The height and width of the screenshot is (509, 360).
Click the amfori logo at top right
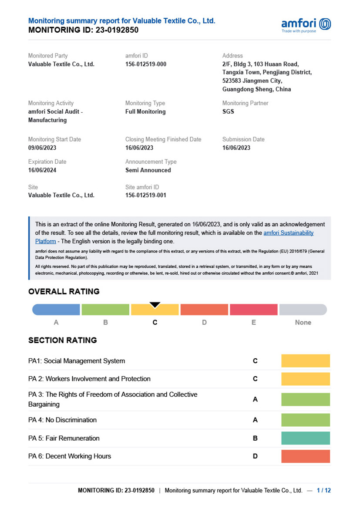point(306,24)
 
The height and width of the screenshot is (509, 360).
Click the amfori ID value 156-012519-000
point(145,64)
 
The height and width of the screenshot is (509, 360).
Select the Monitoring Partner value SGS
point(228,111)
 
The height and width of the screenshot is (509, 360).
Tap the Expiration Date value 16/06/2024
point(42,170)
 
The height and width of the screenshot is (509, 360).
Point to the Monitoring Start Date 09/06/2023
point(42,148)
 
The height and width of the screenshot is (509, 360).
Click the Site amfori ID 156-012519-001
point(145,196)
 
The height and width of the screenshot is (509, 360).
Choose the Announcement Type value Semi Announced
point(148,170)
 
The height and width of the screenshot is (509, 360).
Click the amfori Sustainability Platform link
point(288,233)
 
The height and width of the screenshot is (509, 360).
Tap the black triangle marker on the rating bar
point(155,305)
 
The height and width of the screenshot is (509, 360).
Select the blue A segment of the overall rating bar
point(56,310)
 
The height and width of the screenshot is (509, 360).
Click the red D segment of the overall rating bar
point(204,310)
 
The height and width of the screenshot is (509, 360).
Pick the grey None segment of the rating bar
point(303,310)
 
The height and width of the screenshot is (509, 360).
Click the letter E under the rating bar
point(253,323)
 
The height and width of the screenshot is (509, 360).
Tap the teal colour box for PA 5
point(306,438)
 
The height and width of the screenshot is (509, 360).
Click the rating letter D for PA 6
point(255,456)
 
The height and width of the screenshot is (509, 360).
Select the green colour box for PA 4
point(306,420)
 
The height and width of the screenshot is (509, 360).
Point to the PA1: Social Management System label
point(77,361)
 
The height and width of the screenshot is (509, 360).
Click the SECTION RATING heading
point(62,340)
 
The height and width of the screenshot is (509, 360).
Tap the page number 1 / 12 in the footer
point(323,490)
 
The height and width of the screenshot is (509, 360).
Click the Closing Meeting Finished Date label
point(163,139)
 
